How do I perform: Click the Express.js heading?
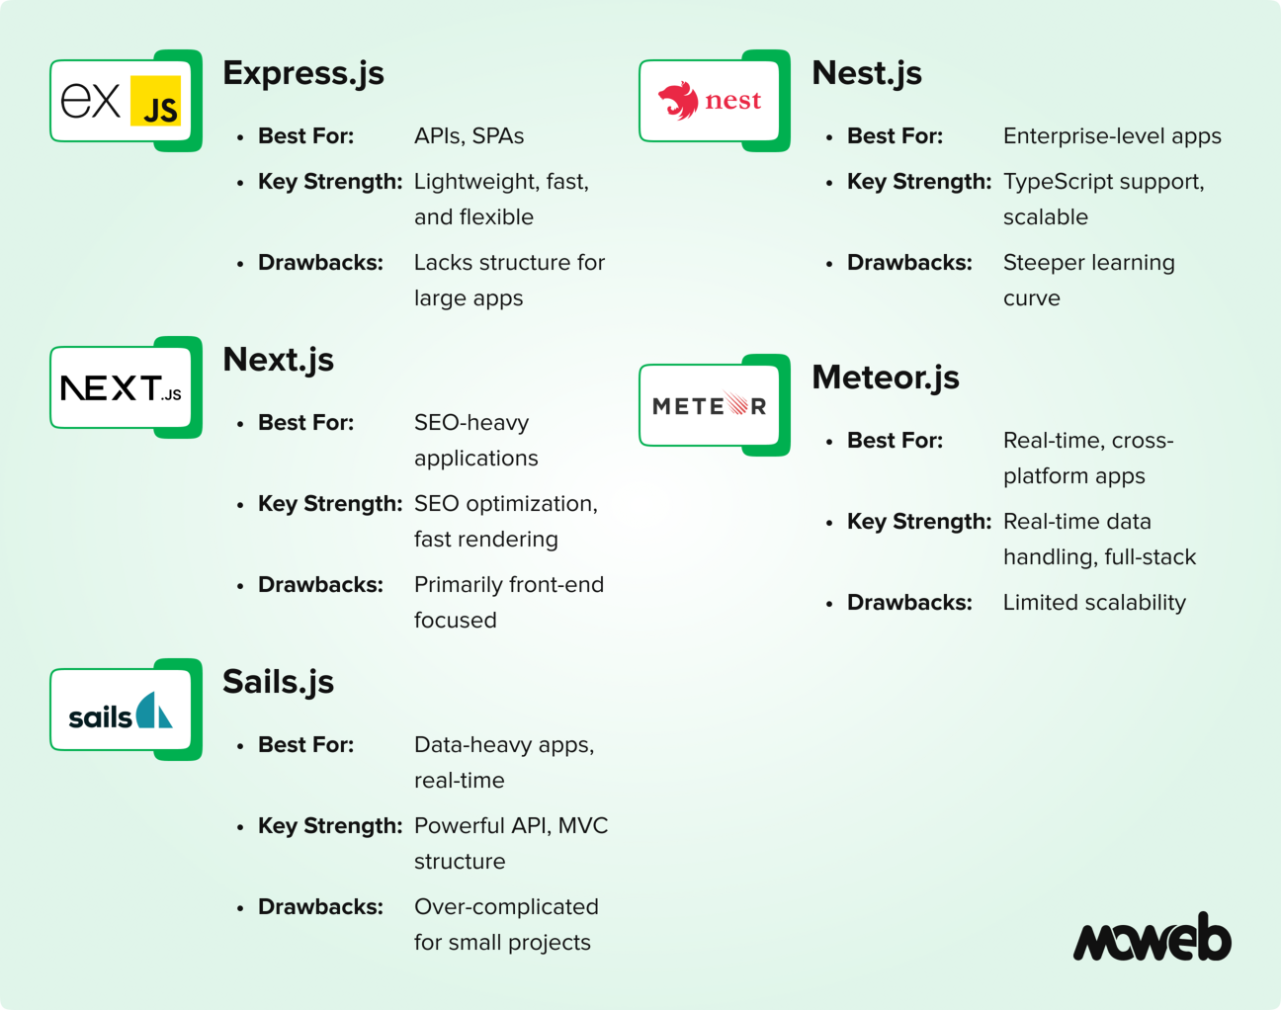303,74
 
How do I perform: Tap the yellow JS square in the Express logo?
155,101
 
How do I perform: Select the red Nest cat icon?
678,101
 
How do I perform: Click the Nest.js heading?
866,74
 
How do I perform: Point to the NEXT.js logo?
121,387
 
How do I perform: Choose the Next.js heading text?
278,361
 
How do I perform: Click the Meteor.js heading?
886,379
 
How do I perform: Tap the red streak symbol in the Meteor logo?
735,403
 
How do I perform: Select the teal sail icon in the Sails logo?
153,710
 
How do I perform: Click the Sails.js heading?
278,683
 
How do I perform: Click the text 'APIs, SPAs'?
470,136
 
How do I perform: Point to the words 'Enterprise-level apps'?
1112,136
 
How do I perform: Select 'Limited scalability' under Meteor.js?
1094,603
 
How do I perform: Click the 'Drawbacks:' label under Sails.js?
320,906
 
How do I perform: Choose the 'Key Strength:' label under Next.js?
330,504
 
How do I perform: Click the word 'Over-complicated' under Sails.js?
506,907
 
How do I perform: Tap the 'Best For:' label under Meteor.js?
895,441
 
